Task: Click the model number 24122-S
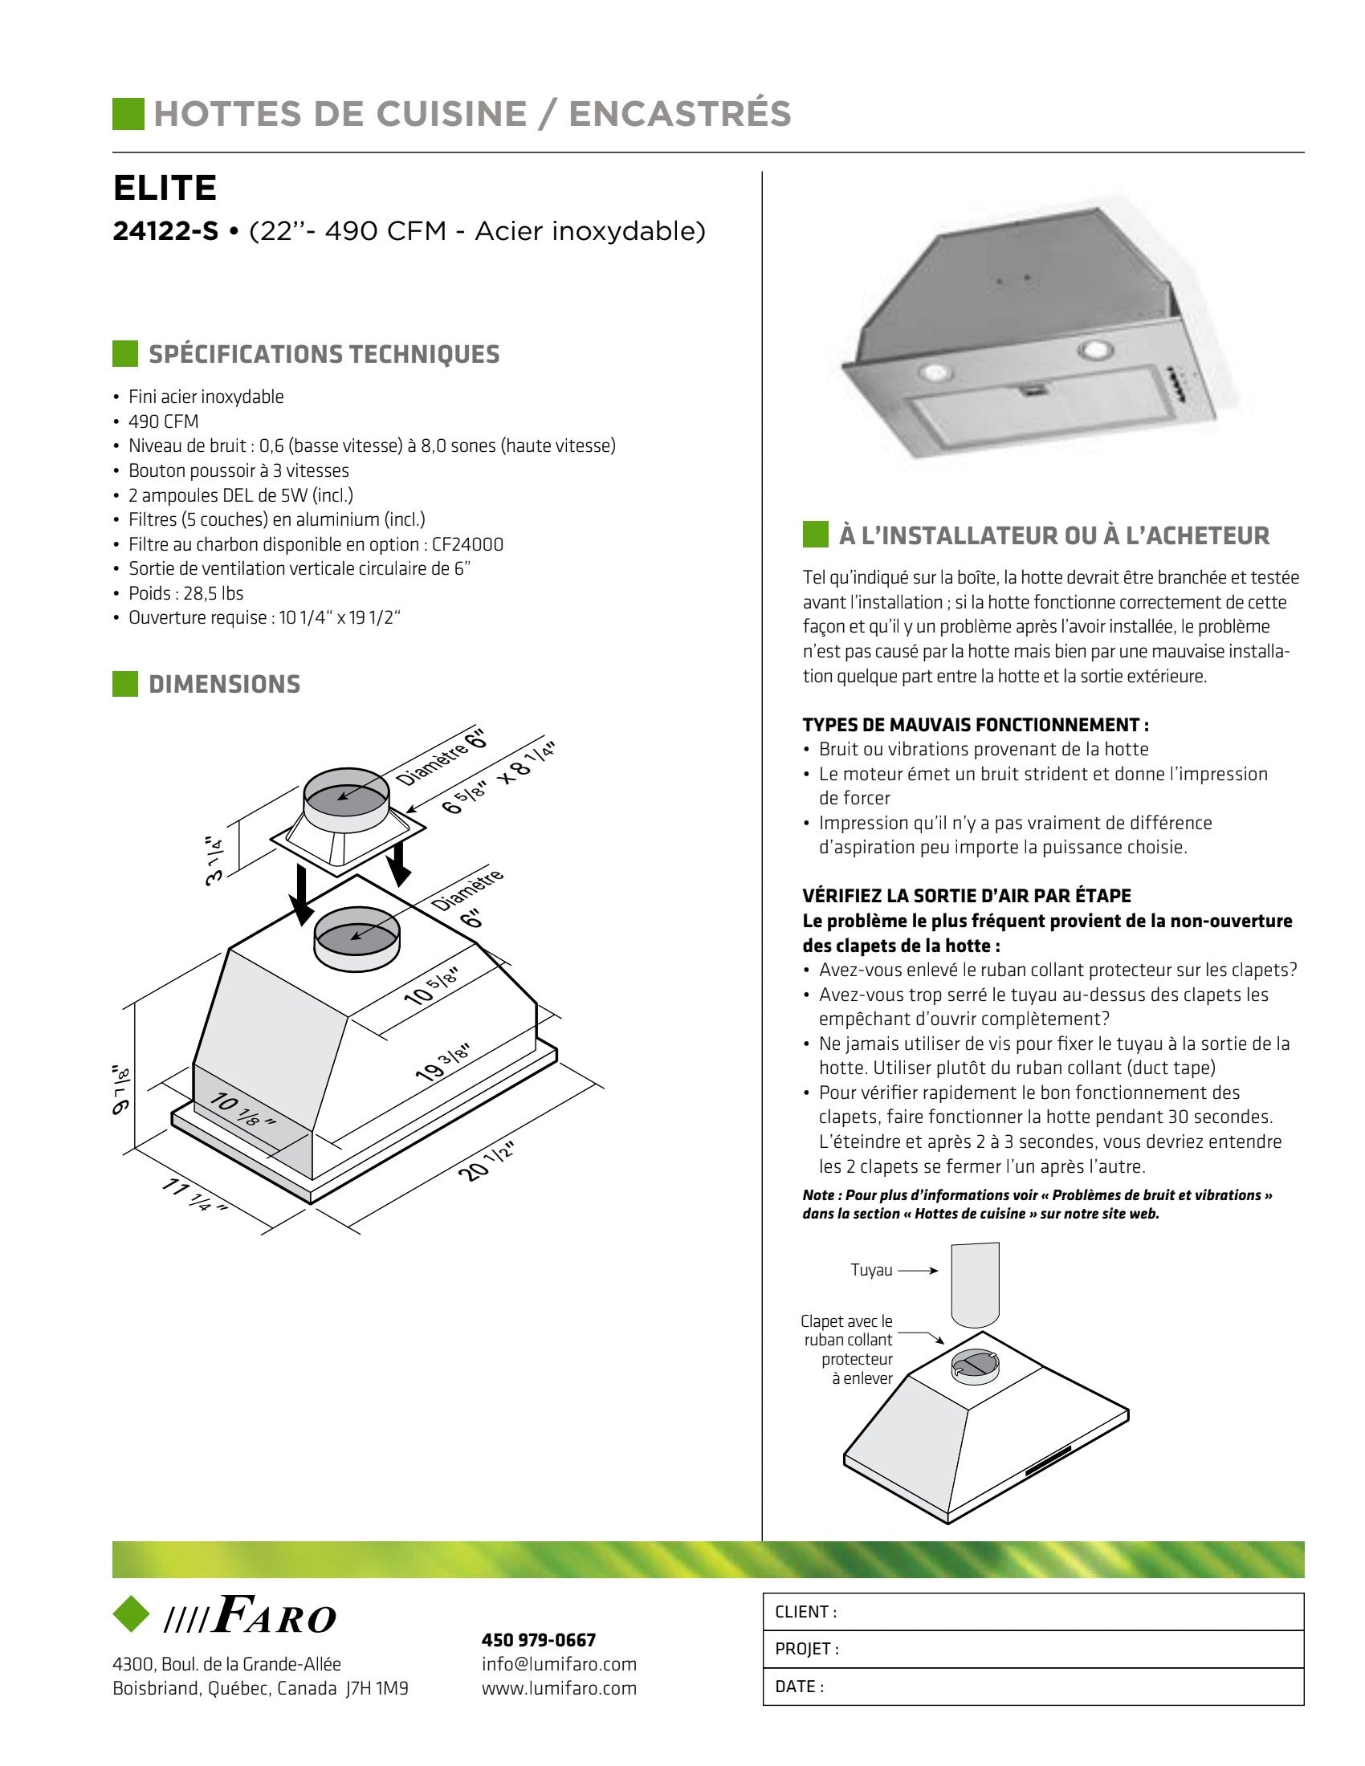point(165,232)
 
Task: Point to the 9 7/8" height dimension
point(120,1088)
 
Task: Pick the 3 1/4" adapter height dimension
point(215,861)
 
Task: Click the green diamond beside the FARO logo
point(131,1614)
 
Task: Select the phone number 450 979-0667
point(539,1640)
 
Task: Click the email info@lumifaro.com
point(559,1664)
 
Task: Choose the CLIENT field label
point(805,1612)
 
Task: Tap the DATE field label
point(799,1687)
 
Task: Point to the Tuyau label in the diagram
point(871,1271)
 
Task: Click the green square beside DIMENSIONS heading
point(125,684)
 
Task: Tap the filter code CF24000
point(467,544)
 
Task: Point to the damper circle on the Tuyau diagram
point(975,1365)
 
